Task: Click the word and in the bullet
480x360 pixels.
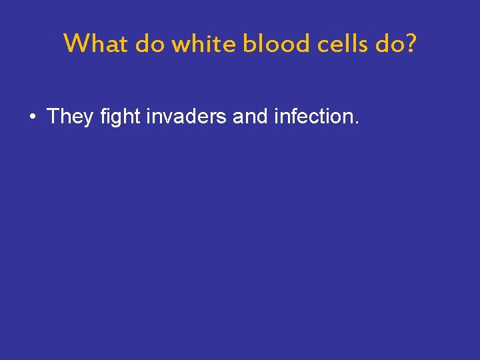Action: click(x=251, y=117)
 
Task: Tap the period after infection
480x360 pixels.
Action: click(x=357, y=123)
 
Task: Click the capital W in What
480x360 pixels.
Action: click(x=76, y=44)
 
